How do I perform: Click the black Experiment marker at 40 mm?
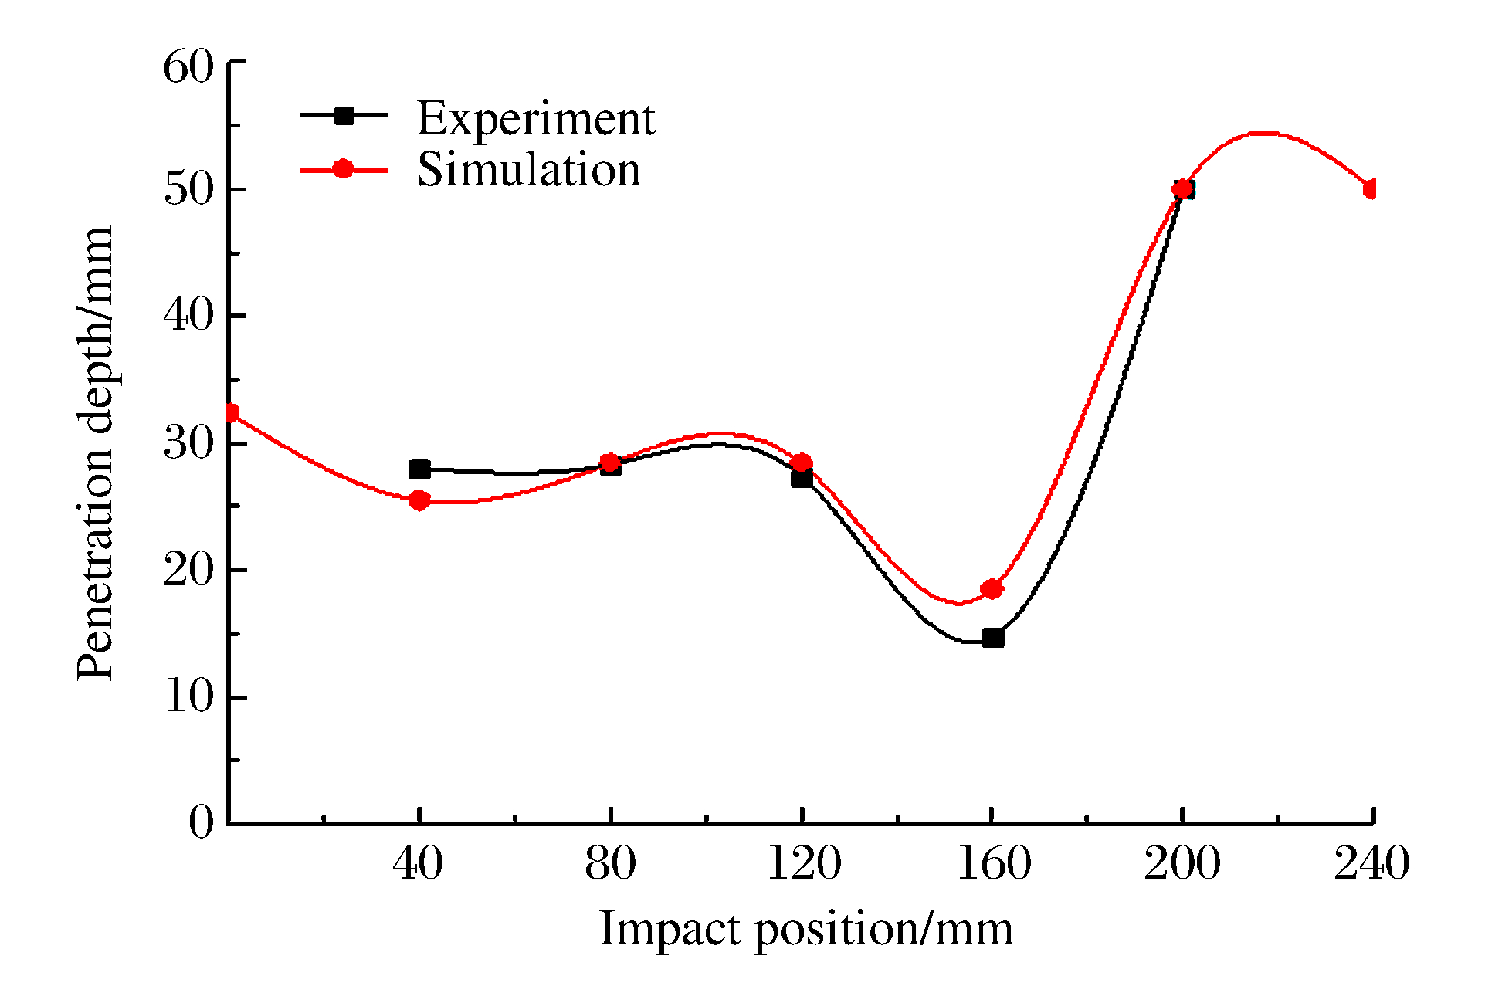pos(419,469)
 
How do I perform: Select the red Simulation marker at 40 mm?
pos(419,500)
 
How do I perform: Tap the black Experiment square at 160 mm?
pos(993,638)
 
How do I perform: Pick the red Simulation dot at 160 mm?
pos(992,589)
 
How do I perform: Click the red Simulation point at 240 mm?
pos(1371,189)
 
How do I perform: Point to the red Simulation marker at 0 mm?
pos(231,414)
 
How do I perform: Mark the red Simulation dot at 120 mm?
pos(802,463)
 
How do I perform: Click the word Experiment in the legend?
pos(535,119)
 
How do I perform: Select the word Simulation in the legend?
pos(529,170)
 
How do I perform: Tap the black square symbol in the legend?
pos(344,116)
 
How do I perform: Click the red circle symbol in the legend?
pos(344,169)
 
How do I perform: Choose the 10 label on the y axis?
pos(188,697)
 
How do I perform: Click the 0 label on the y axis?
pos(201,822)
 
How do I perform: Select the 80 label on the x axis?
pos(610,863)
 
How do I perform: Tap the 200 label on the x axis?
pos(1182,863)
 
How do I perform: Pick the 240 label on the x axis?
pos(1371,863)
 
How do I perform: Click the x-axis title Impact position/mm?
pos(805,929)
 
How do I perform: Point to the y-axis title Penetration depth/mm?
pos(96,454)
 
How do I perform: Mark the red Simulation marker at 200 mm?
pos(1182,188)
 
